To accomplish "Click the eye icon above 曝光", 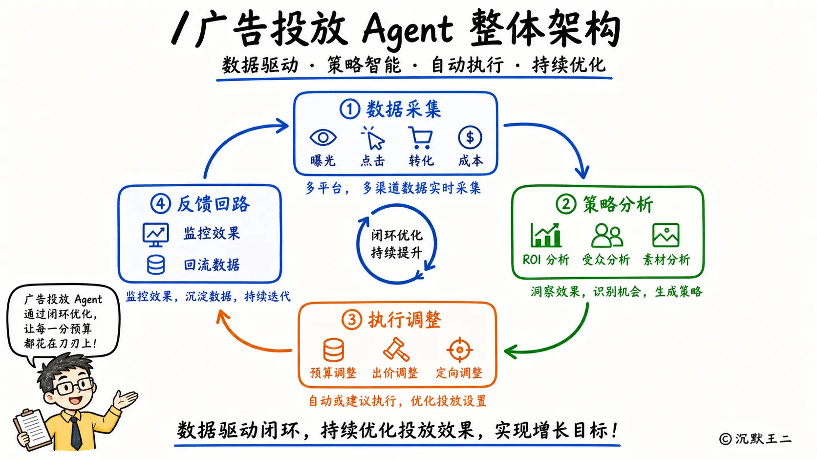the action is pos(323,137).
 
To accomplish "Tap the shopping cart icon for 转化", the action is pos(421,138).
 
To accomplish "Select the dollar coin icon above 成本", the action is pos(470,137).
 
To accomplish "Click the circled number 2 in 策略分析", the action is pos(566,204).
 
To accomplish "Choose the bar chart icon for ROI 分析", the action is pos(546,235).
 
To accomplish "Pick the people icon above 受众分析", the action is pos(607,236).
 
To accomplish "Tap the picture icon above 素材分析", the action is pos(666,235).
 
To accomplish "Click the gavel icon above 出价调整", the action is pos(396,350).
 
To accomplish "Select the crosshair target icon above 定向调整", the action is pos(459,350).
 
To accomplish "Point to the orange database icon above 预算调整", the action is pos(333,350).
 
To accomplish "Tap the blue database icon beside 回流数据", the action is pos(156,265).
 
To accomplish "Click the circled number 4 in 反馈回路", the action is pos(160,204).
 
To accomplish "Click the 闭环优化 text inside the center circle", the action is pos(397,235).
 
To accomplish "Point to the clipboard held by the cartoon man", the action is pos(32,430).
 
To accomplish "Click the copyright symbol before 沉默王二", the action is pos(725,438).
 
